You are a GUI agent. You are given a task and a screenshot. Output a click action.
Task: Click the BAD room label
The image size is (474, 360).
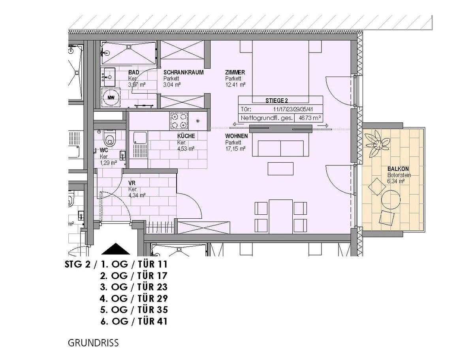point(134,72)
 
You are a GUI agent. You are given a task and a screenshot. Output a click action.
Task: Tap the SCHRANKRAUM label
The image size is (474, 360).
point(183,72)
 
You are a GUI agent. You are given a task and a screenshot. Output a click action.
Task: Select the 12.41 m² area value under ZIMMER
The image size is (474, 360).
point(235,84)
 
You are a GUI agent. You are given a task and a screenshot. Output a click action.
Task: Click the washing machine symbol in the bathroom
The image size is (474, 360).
point(111,97)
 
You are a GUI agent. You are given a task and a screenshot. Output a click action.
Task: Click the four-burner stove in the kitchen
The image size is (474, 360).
point(179,121)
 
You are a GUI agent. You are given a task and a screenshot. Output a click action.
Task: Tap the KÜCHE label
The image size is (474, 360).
point(186,136)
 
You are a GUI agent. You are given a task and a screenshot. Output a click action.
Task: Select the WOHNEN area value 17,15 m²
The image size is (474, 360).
point(235,148)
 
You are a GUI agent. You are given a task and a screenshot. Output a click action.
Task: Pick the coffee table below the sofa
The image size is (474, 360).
point(280,169)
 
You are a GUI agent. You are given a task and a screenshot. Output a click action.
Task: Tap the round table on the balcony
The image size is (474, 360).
point(391,199)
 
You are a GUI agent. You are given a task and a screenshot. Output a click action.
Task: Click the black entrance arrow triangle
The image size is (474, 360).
point(116,249)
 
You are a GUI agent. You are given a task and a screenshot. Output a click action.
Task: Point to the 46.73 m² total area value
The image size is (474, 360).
point(310,118)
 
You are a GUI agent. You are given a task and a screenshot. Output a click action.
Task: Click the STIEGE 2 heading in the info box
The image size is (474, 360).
point(276,101)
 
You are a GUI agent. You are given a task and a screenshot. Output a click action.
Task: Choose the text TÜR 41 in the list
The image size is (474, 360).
point(153,321)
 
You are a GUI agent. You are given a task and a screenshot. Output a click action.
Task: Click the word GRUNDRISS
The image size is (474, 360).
point(93,343)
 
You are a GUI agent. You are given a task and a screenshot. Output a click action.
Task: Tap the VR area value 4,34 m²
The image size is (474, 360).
point(137,195)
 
